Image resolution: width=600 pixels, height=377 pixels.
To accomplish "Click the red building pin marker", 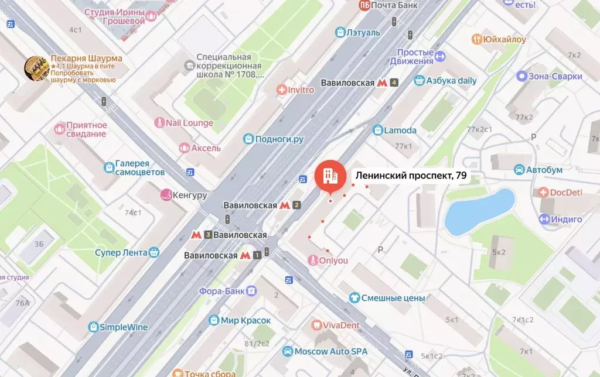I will [329, 175].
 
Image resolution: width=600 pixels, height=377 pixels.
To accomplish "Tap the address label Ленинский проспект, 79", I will [410, 174].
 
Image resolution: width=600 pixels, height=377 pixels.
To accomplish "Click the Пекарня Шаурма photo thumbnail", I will [36, 68].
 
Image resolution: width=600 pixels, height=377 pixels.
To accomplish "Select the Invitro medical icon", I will [282, 90].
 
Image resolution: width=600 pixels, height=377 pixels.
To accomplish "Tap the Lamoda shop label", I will [400, 130].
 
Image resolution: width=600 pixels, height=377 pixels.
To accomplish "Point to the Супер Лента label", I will [121, 252].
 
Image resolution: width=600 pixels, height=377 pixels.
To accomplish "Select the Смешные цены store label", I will [393, 298].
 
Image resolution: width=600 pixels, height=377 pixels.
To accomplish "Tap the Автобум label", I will [544, 170].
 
